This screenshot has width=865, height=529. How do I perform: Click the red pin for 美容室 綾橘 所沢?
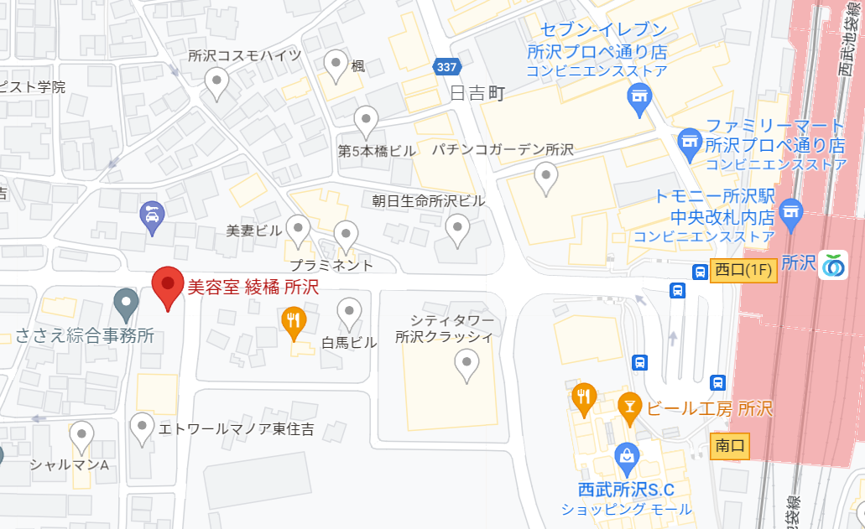[x=168, y=287]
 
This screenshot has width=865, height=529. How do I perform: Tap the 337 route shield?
[x=447, y=66]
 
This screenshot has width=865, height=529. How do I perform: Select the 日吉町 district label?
[x=477, y=93]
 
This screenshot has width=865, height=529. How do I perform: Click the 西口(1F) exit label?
[x=743, y=270]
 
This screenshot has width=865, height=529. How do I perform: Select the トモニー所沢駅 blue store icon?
[x=790, y=210]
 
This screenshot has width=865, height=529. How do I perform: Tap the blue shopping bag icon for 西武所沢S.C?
[x=627, y=457]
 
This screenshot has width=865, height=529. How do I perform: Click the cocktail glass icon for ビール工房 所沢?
[x=628, y=406]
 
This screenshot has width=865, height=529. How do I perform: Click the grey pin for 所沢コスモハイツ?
[x=217, y=82]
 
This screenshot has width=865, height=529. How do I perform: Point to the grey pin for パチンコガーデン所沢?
[x=546, y=176]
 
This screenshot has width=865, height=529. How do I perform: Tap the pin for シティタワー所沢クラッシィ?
[x=466, y=363]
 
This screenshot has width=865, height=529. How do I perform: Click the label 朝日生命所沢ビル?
[x=429, y=201]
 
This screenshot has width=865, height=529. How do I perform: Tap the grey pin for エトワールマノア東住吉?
[x=143, y=427]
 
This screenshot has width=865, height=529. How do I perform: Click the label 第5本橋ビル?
[x=377, y=152]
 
